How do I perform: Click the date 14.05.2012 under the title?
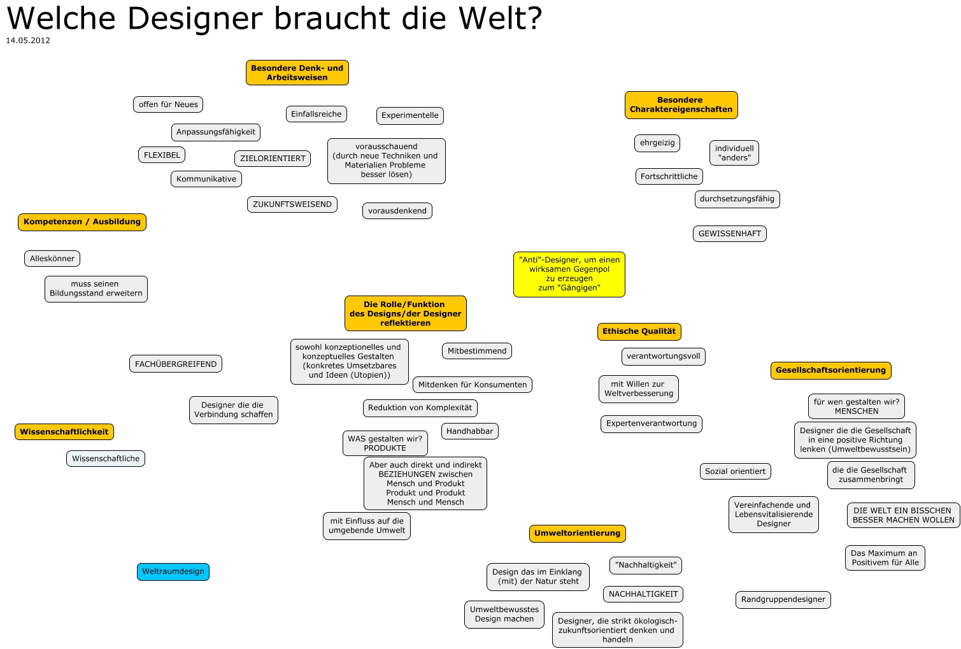[x=28, y=40]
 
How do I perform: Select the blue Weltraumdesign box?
[x=173, y=571]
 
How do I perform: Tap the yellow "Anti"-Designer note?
[x=569, y=274]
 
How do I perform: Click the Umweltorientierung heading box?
[x=577, y=533]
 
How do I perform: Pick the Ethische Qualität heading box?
[x=639, y=331]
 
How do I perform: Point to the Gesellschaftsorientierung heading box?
[x=830, y=370]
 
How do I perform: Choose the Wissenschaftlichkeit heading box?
[x=64, y=432]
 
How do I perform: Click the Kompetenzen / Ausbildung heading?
[x=82, y=222]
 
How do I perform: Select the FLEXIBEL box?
[x=162, y=155]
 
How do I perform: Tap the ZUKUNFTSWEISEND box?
[x=292, y=204]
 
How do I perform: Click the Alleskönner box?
[x=52, y=259]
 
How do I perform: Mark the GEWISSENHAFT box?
[x=729, y=234]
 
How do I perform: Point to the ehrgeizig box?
[x=657, y=143]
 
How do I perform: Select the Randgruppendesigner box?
[x=783, y=599]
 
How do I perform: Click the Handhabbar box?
[x=469, y=431]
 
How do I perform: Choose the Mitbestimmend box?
[x=477, y=351]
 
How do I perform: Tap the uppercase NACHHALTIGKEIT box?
[x=643, y=594]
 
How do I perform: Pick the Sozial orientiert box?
[x=735, y=471]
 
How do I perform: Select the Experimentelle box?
[x=410, y=115]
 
